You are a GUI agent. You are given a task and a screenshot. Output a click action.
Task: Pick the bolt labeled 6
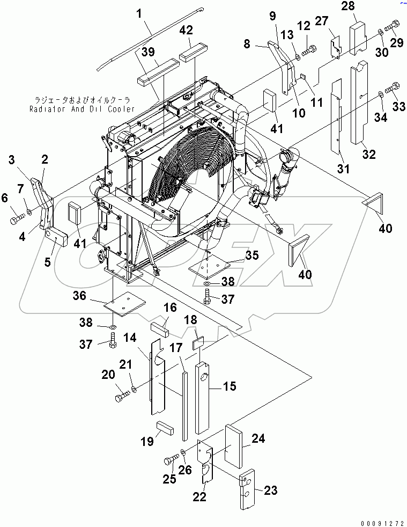click(16, 219)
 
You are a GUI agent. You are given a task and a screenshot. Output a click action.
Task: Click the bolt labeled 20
click(121, 398)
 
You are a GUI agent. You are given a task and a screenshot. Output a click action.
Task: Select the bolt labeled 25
click(171, 459)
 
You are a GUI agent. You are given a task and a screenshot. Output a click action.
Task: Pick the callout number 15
click(229, 386)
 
